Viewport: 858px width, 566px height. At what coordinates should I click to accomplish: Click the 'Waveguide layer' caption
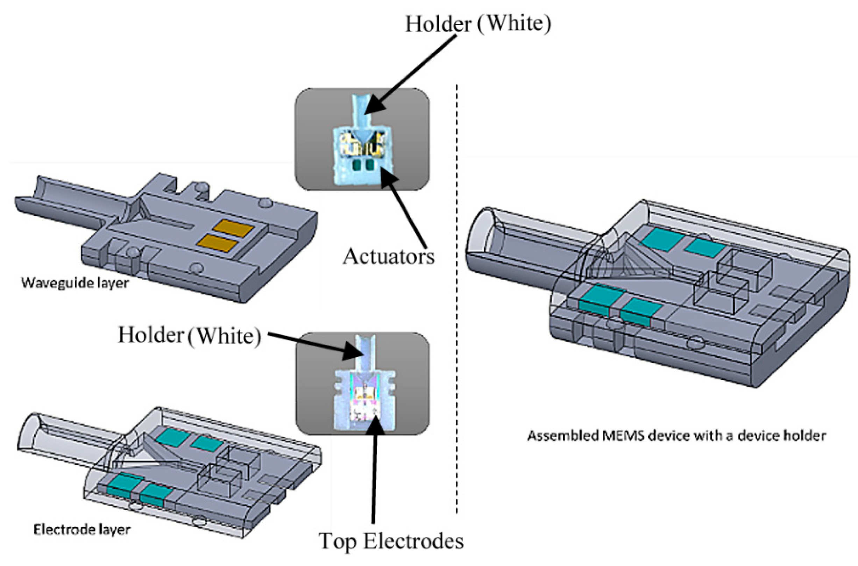(x=75, y=282)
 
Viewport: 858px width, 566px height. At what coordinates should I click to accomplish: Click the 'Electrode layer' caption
(x=81, y=530)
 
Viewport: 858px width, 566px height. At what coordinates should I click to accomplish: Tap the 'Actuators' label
(x=389, y=257)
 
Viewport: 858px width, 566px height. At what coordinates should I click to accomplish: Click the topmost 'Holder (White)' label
(x=478, y=24)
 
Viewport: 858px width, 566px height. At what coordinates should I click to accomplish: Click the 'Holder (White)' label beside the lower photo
(x=190, y=336)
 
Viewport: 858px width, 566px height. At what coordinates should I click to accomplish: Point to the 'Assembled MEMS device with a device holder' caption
(x=676, y=436)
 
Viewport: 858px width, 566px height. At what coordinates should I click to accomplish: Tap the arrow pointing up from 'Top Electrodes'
(x=374, y=469)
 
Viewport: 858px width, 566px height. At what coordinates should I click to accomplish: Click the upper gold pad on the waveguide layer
(x=233, y=228)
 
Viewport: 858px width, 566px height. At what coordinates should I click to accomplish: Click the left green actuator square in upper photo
(x=357, y=166)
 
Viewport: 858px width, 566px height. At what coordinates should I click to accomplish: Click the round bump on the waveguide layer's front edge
(x=197, y=267)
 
